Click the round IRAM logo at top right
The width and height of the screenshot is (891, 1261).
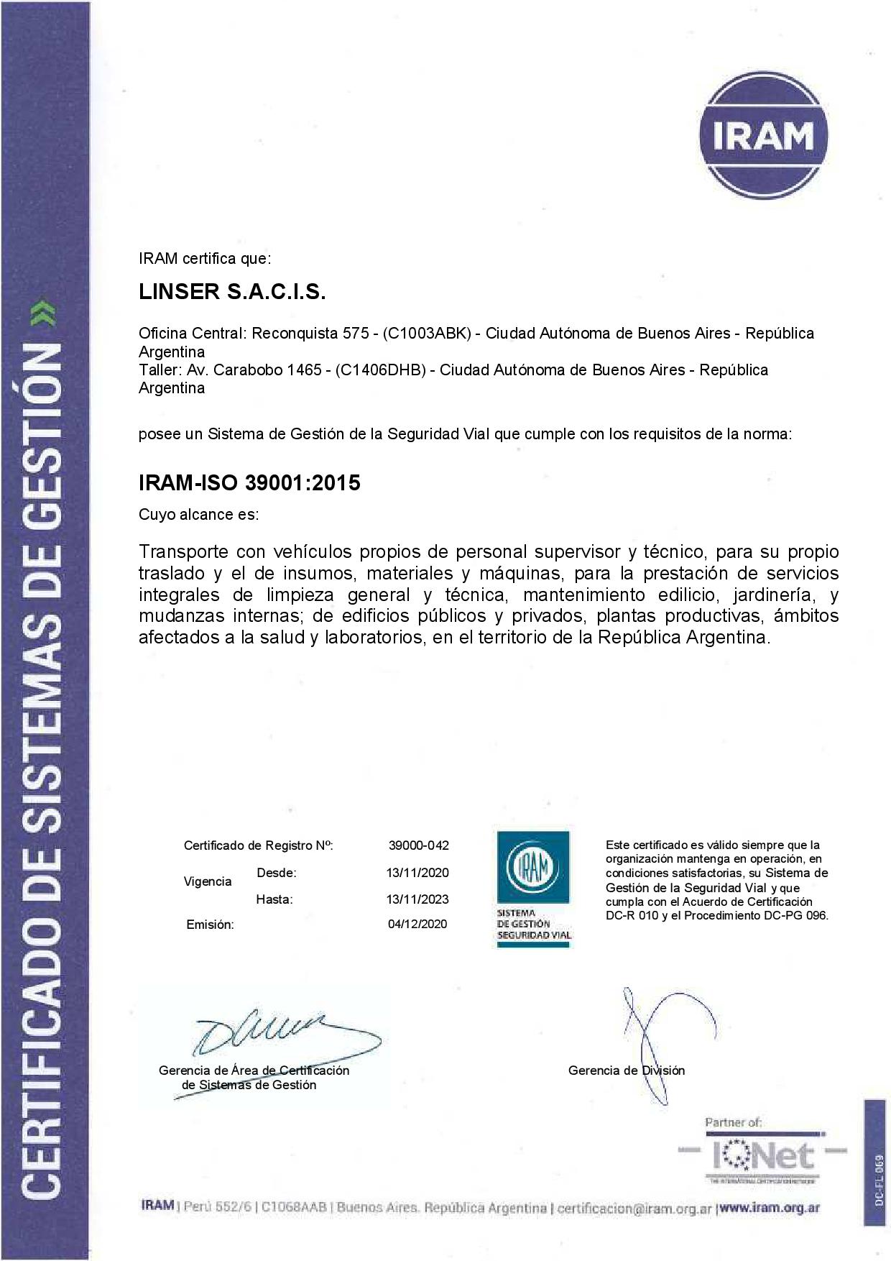point(763,137)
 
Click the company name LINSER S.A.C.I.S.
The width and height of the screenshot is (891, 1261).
point(232,292)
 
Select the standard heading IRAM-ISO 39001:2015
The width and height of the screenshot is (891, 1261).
point(249,482)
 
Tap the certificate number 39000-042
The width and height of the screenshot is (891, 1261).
point(418,845)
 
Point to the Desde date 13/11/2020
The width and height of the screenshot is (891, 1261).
point(417,873)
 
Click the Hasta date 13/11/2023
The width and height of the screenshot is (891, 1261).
point(417,899)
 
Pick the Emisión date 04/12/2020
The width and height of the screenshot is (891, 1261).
point(417,924)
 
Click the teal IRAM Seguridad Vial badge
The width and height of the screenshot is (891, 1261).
point(533,887)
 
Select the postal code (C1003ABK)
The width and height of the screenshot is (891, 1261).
point(427,334)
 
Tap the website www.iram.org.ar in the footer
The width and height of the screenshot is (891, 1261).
point(769,1208)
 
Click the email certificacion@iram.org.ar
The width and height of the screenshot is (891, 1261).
point(634,1209)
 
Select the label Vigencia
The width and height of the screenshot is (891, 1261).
point(208,881)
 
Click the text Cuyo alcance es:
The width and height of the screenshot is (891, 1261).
point(198,515)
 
